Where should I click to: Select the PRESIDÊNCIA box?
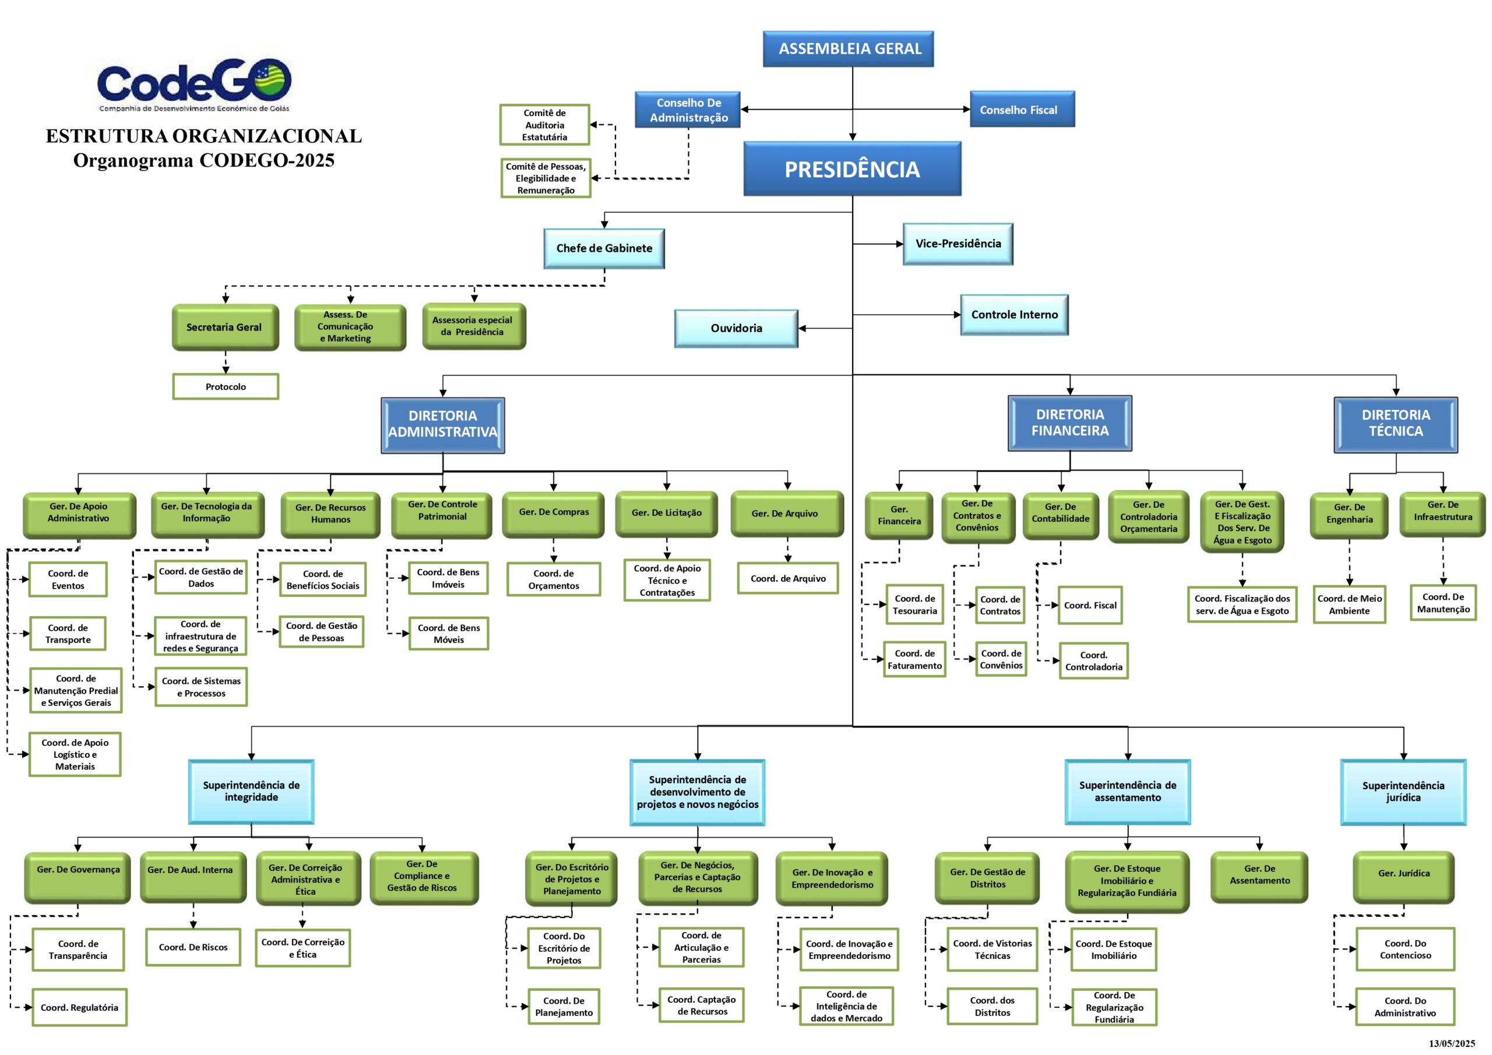pos(852,169)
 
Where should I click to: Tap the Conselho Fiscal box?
pos(1022,109)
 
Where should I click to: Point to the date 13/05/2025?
pos(1451,1043)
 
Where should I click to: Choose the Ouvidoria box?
pos(736,328)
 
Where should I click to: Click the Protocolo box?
pos(226,387)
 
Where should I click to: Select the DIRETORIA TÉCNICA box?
pos(1395,423)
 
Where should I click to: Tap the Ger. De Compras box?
pos(553,513)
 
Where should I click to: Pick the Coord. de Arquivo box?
pos(787,579)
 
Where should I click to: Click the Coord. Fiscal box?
pos(1090,605)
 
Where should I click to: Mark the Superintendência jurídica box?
pos(1403,791)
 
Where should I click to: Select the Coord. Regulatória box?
pos(79,1008)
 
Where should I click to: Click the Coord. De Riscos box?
pos(193,947)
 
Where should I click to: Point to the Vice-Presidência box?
pos(957,244)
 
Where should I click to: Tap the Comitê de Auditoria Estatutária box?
pos(544,125)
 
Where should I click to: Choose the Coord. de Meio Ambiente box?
pos(1349,604)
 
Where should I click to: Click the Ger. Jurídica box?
pos(1403,874)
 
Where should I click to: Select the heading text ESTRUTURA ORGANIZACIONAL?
pos(203,136)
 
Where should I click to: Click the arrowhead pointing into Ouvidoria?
pos(803,328)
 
